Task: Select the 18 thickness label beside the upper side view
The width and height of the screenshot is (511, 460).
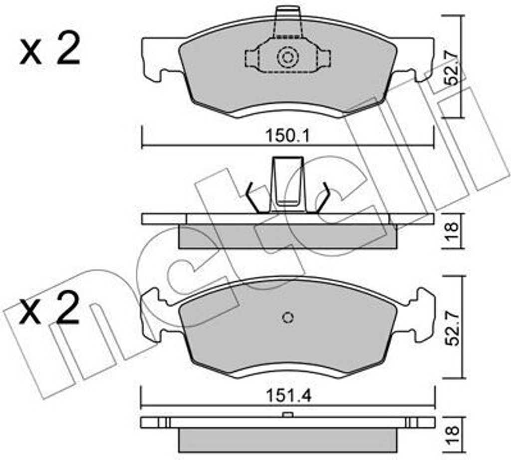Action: point(453,232)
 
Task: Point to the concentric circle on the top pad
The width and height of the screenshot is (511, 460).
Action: point(287,57)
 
